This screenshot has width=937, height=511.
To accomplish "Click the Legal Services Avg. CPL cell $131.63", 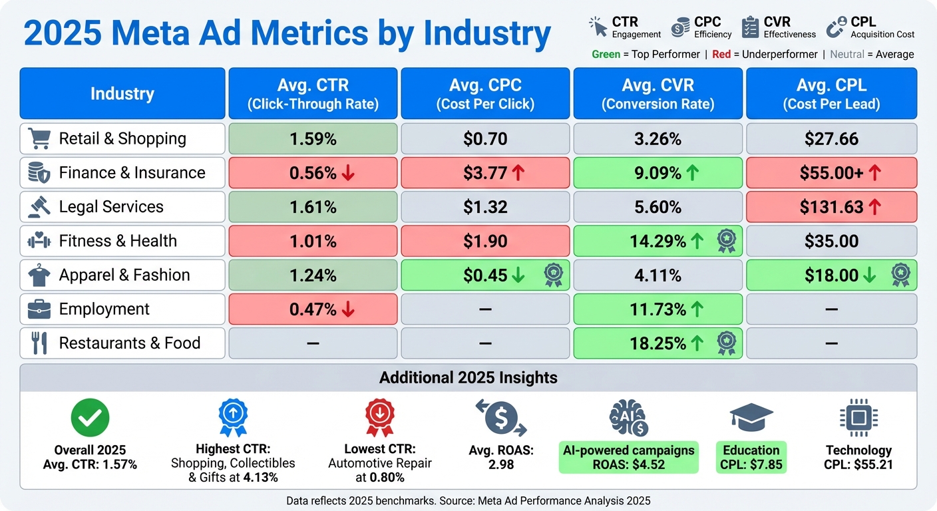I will tap(831, 207).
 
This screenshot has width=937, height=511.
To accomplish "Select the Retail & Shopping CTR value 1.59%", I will tap(313, 139).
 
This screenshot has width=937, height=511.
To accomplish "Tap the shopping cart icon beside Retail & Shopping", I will tap(39, 138).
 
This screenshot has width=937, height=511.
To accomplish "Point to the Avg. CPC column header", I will tap(485, 94).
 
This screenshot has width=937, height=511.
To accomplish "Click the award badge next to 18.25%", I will tap(725, 343).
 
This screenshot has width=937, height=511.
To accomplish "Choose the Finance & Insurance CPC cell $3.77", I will tap(485, 173).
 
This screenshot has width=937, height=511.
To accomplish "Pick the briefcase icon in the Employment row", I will tap(39, 309).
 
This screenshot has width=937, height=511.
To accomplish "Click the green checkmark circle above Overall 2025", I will tap(90, 418).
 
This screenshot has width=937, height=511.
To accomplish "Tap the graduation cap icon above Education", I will tap(751, 418).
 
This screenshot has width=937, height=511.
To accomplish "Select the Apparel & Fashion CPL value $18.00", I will tap(831, 275).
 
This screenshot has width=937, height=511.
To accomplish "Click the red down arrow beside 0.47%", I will tap(348, 309).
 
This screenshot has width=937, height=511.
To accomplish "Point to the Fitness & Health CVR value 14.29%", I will tap(657, 242).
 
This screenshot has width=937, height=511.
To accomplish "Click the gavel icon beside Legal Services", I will tap(39, 207).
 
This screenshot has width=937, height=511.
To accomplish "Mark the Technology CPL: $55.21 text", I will tap(858, 458).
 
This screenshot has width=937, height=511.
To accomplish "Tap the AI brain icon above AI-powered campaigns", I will tap(628, 419).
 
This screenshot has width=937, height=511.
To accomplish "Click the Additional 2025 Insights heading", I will tap(468, 378).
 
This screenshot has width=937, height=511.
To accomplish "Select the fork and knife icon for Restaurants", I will tap(39, 343).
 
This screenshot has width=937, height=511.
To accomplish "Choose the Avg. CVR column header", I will tap(657, 94).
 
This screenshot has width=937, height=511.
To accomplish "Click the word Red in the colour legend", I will tap(721, 55).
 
